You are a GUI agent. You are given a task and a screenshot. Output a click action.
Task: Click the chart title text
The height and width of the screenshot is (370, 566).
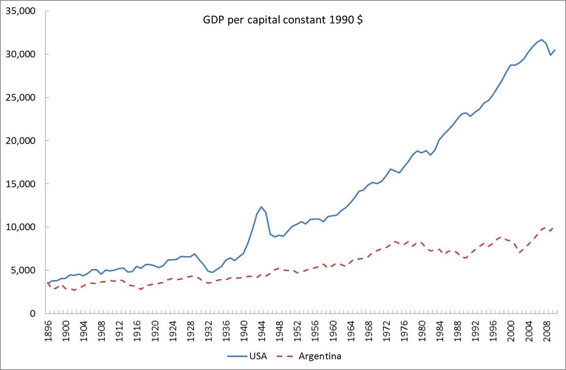click(283, 20)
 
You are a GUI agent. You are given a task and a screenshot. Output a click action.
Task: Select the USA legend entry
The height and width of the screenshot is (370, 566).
click(258, 356)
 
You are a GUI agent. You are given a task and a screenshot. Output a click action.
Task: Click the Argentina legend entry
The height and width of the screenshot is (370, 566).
click(320, 356)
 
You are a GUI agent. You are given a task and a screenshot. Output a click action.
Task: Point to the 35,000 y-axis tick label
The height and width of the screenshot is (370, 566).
click(21, 11)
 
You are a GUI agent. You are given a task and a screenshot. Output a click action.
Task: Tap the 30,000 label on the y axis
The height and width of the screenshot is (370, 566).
click(21, 54)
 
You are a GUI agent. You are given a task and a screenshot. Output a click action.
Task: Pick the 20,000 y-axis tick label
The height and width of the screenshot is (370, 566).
click(21, 140)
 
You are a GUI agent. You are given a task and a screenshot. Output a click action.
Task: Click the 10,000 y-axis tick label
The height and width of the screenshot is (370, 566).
click(21, 227)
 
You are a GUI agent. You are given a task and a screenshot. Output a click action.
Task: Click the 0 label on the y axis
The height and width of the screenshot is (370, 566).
click(32, 314)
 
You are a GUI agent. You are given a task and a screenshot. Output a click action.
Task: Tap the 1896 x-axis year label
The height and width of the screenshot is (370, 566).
click(48, 331)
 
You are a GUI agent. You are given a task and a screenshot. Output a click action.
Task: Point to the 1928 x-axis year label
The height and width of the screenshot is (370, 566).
click(191, 331)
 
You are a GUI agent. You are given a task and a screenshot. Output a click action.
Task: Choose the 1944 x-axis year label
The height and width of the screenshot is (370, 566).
click(262, 331)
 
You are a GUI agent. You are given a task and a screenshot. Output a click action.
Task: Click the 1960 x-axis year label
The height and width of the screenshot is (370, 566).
click(333, 331)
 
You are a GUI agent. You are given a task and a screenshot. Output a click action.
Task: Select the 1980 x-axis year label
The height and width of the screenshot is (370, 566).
click(422, 331)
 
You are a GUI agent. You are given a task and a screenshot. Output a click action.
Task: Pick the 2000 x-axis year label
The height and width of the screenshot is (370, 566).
click(511, 331)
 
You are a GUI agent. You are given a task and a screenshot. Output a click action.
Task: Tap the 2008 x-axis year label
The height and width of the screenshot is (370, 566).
click(547, 331)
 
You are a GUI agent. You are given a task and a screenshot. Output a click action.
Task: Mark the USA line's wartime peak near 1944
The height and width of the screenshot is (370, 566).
click(261, 207)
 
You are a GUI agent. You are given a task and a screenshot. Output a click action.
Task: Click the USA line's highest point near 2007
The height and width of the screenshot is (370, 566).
click(542, 40)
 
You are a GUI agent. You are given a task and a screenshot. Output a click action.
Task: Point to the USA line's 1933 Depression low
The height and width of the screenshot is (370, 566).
click(212, 272)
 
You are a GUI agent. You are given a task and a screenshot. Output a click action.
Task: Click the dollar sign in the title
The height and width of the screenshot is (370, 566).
click(360, 20)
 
